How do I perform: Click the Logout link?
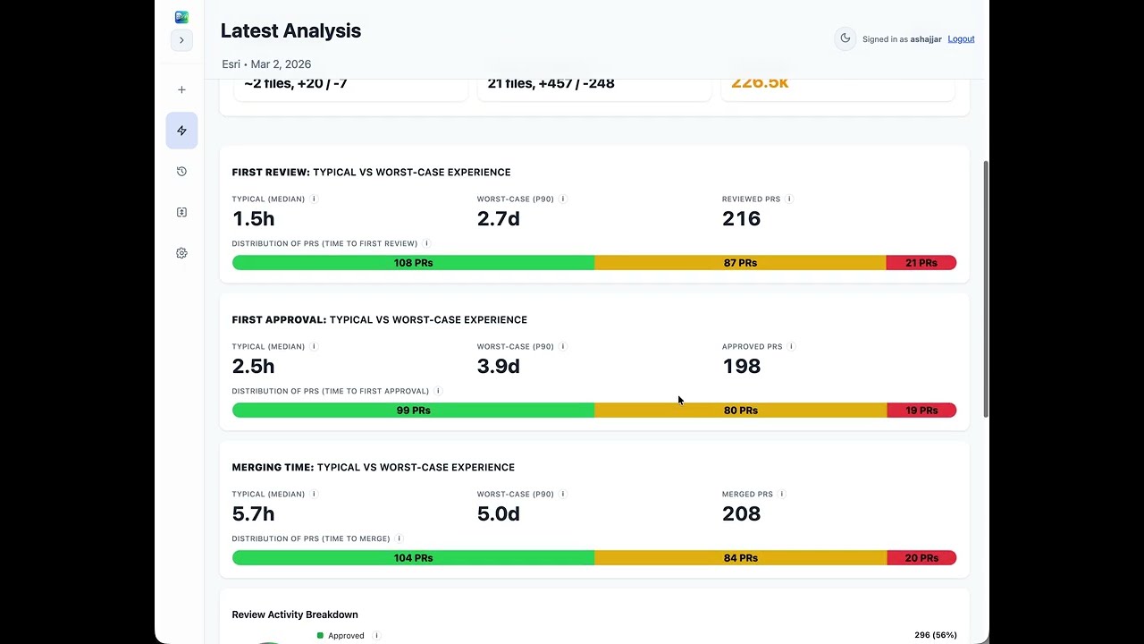[961, 39]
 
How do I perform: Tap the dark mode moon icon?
[845, 38]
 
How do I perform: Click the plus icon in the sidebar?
[181, 89]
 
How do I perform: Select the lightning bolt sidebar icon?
[181, 131]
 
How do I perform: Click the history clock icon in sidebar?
[181, 172]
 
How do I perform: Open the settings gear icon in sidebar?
[181, 253]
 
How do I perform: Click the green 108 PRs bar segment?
[413, 263]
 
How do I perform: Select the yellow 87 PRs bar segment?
[740, 263]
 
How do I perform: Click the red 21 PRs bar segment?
[921, 263]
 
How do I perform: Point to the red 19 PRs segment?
[921, 411]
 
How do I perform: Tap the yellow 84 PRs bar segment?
[740, 558]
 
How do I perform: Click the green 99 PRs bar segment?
[413, 411]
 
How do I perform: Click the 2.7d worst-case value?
[498, 219]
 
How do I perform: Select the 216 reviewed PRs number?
[741, 219]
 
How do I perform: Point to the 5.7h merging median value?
[253, 514]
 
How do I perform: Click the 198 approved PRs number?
[741, 367]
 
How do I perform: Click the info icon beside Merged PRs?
[782, 494]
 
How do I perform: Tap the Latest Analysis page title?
[290, 31]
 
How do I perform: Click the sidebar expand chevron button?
[181, 40]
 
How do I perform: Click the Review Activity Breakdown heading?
[295, 614]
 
